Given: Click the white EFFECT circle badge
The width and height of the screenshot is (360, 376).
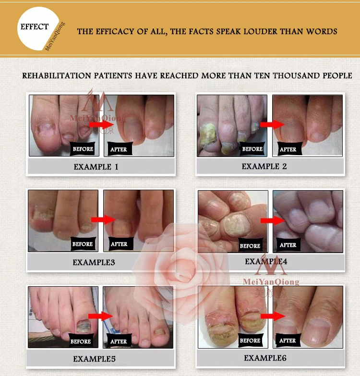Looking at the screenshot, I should click(x=36, y=31).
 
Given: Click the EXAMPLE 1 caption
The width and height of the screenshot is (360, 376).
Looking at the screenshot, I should click(x=96, y=167).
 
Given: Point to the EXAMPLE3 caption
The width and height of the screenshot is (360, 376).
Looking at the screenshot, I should click(x=94, y=263).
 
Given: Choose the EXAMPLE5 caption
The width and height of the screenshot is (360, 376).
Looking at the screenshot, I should click(x=95, y=359).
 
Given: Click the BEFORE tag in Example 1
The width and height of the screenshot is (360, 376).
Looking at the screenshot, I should click(x=83, y=149).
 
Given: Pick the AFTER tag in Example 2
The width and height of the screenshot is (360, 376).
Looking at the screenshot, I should click(x=288, y=149).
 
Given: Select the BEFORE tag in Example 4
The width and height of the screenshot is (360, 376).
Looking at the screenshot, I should click(x=250, y=245).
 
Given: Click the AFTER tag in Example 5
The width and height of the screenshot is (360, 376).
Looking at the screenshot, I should click(x=119, y=341).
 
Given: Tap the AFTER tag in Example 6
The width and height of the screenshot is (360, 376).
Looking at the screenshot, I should click(x=288, y=341).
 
